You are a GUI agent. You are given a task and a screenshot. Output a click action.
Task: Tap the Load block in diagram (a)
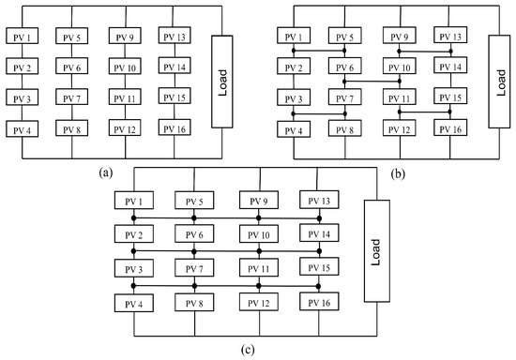(223, 80)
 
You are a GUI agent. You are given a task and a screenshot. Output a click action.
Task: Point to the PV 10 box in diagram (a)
(126, 67)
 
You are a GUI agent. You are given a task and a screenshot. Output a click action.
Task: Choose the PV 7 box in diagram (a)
(73, 98)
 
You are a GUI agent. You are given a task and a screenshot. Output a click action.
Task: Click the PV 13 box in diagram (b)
(448, 37)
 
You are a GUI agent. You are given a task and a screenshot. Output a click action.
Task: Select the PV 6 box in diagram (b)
(344, 68)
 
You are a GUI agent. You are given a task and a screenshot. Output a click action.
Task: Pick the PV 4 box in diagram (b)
(294, 129)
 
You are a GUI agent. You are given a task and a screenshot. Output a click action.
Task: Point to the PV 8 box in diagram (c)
(194, 303)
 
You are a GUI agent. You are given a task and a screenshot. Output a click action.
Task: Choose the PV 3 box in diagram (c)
(134, 268)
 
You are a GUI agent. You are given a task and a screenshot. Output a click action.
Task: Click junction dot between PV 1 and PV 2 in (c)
(134, 218)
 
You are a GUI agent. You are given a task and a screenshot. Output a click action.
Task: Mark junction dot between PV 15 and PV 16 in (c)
(318, 285)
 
